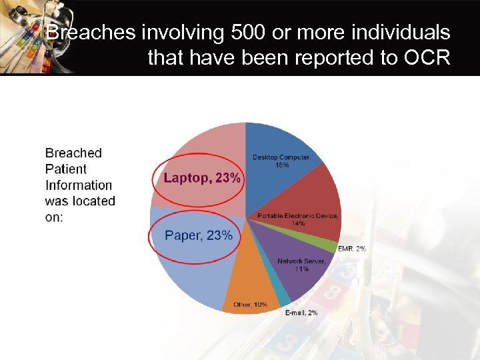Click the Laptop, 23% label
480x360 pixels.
[x=202, y=178]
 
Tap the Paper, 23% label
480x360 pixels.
[x=199, y=235]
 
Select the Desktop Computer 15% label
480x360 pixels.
[x=281, y=161]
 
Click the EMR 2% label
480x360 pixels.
[x=351, y=249]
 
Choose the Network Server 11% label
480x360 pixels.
[x=301, y=265]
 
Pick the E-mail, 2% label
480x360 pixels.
[x=301, y=313]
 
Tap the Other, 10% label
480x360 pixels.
[x=250, y=305]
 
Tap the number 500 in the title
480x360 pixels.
[x=241, y=32]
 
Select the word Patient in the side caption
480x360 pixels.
[x=66, y=169]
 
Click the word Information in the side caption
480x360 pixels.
[x=79, y=185]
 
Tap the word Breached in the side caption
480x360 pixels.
[x=73, y=153]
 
